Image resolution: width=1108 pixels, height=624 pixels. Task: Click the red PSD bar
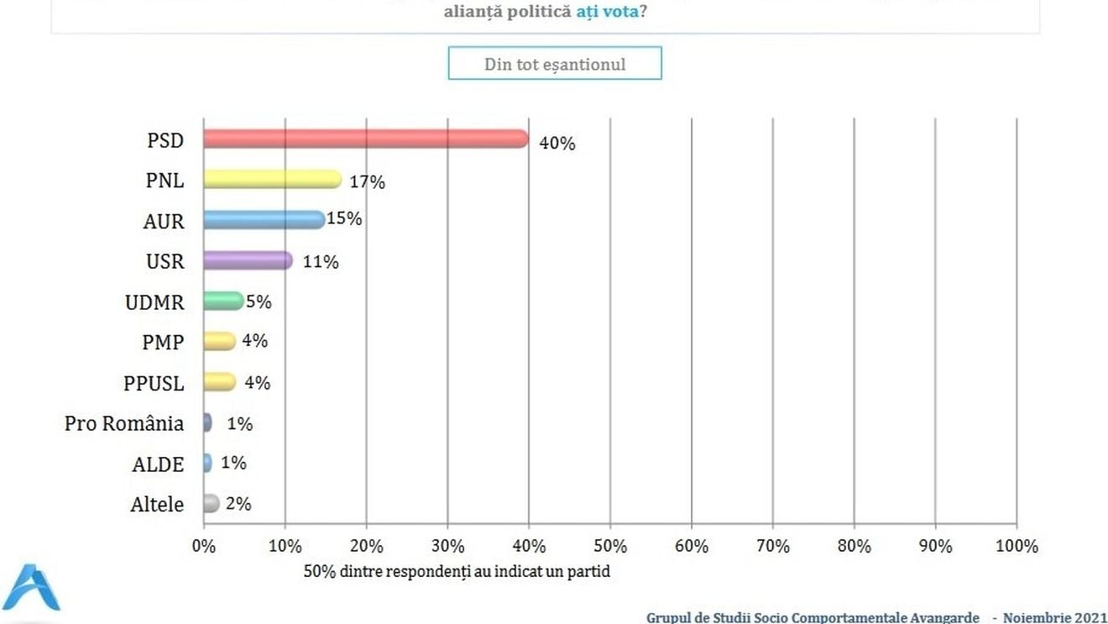pyautogui.click(x=365, y=139)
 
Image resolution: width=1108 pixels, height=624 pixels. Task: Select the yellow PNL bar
pyautogui.click(x=272, y=179)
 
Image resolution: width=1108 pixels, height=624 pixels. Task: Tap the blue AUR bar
pyautogui.click(x=264, y=219)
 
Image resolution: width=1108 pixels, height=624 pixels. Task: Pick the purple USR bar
pyautogui.click(x=248, y=260)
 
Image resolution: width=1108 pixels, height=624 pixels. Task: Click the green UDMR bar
pyautogui.click(x=223, y=301)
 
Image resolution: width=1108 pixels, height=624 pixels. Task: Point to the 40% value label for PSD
pyautogui.click(x=557, y=143)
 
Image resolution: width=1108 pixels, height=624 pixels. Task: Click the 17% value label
pyautogui.click(x=367, y=181)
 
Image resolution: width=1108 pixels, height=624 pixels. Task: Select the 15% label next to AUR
pyautogui.click(x=345, y=218)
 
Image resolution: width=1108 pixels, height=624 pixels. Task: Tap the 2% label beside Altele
pyautogui.click(x=238, y=504)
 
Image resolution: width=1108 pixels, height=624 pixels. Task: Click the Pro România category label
pyautogui.click(x=124, y=423)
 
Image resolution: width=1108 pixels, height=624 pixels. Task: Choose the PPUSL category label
pyautogui.click(x=154, y=383)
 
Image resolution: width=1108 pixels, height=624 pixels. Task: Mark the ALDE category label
pyautogui.click(x=158, y=464)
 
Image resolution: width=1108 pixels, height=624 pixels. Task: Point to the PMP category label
pyautogui.click(x=163, y=343)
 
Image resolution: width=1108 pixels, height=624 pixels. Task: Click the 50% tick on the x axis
pyautogui.click(x=610, y=546)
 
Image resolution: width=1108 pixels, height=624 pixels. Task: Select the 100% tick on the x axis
pyautogui.click(x=1016, y=546)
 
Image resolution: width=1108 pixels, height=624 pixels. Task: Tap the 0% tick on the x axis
pyautogui.click(x=204, y=546)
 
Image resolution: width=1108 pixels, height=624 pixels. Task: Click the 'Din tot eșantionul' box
pyautogui.click(x=555, y=64)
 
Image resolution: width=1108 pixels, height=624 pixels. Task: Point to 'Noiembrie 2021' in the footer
pyautogui.click(x=1055, y=617)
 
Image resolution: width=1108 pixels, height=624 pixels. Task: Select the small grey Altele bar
pyautogui.click(x=211, y=503)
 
